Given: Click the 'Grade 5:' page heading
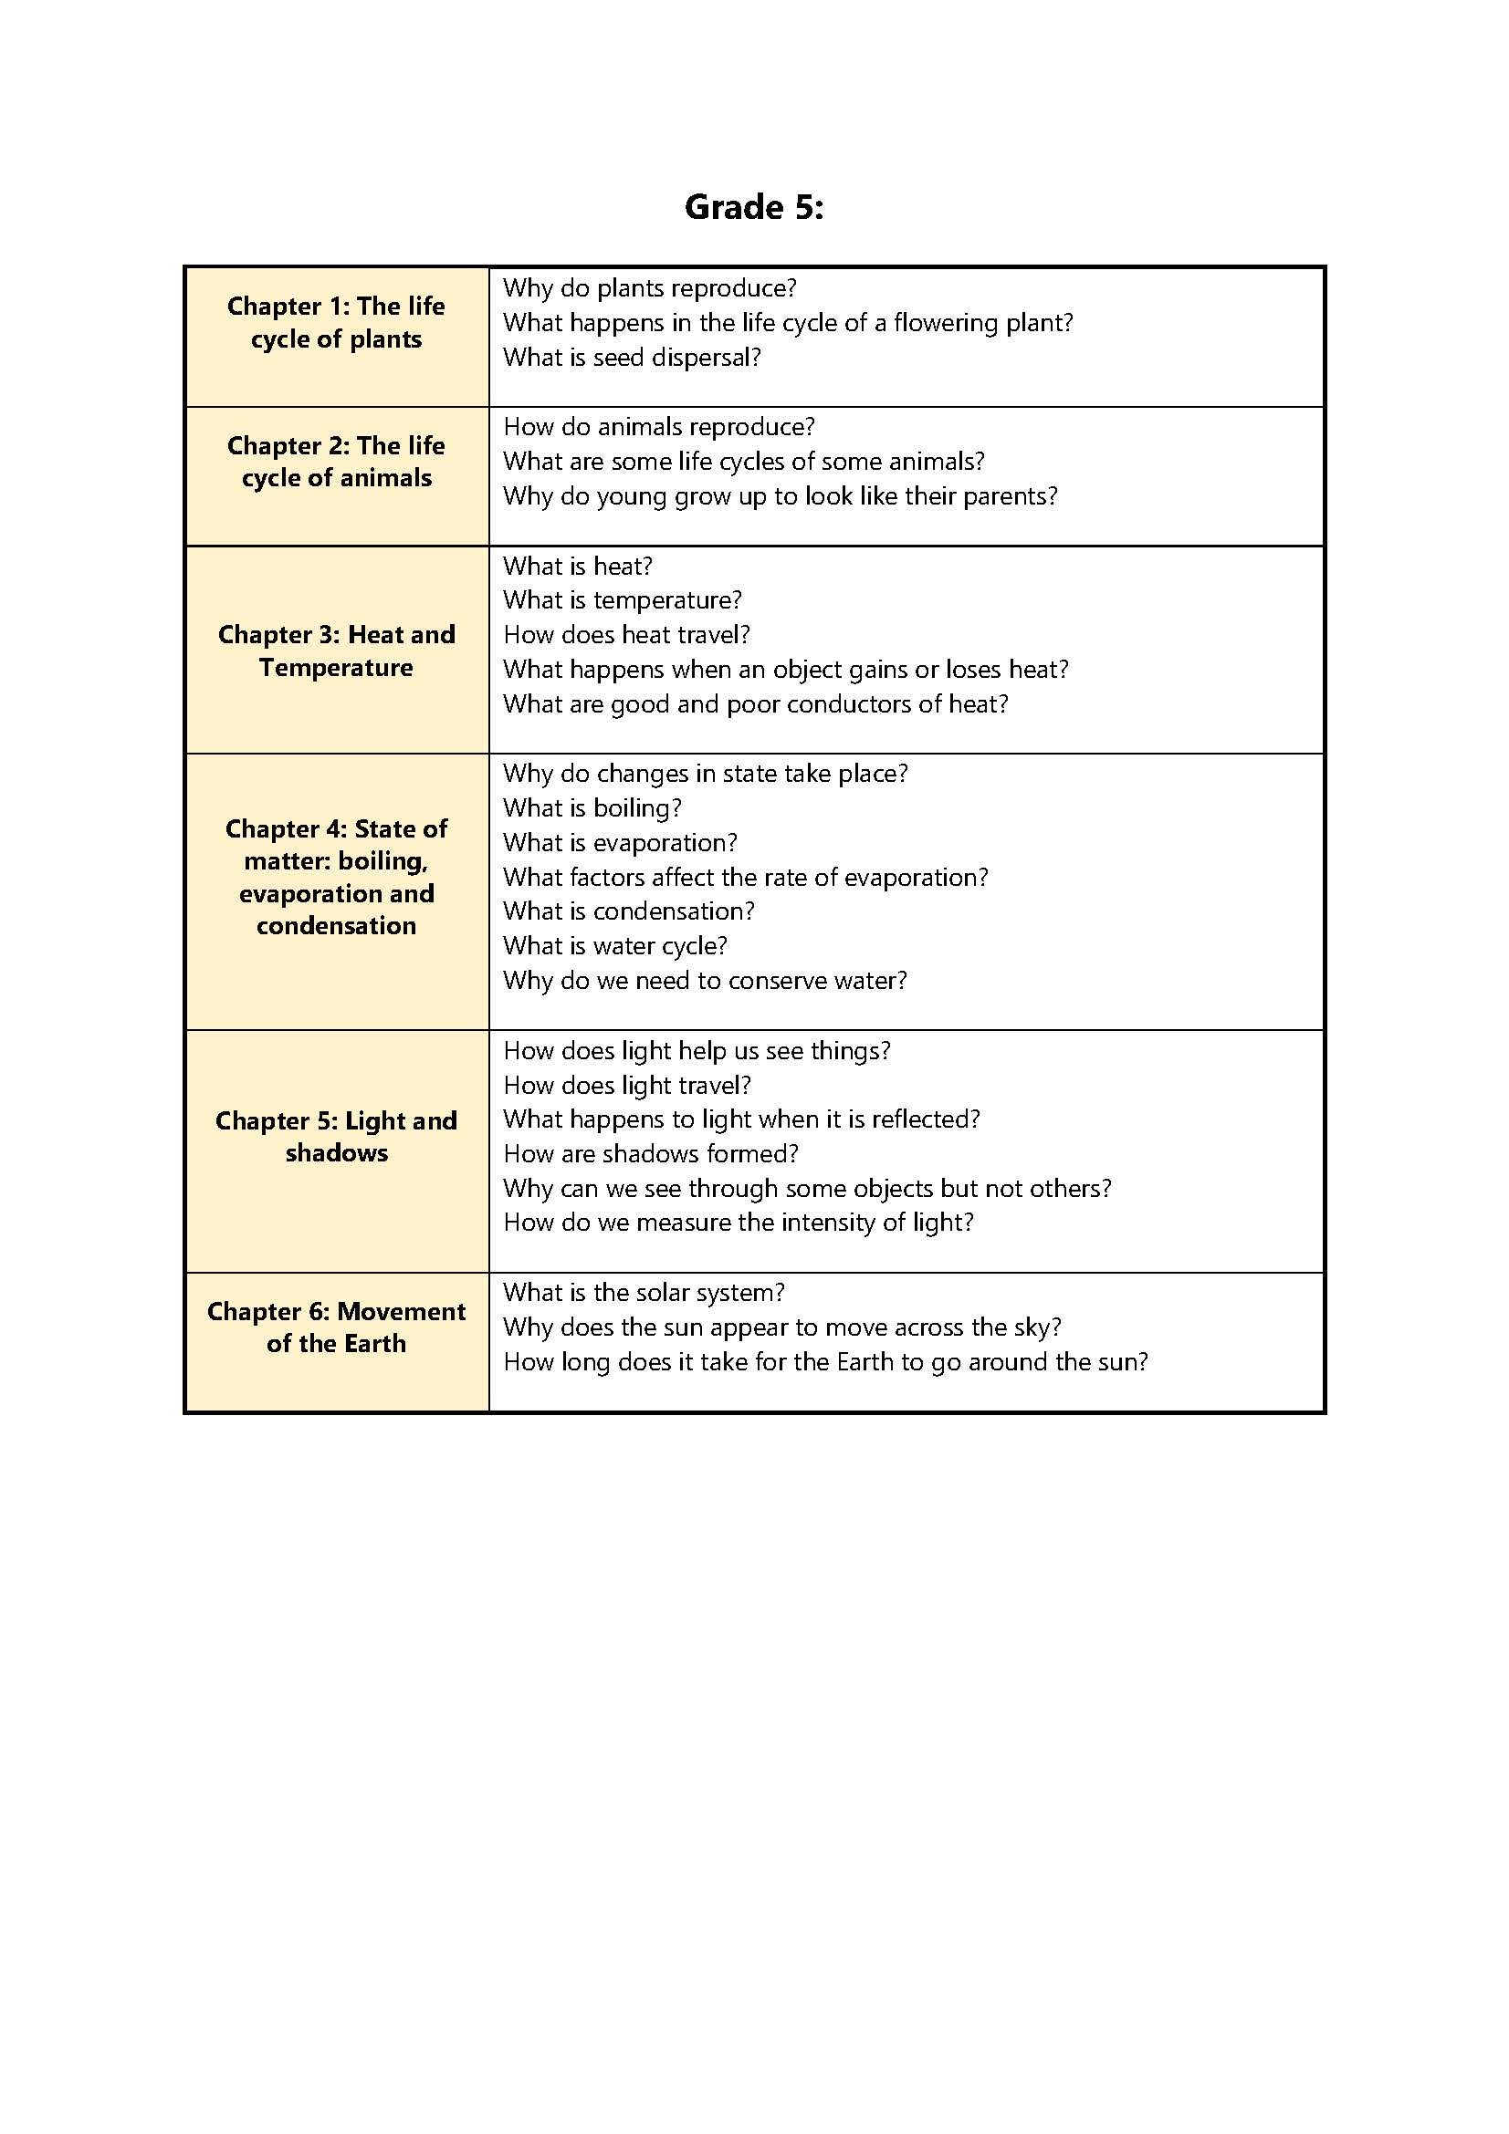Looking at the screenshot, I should (x=754, y=206).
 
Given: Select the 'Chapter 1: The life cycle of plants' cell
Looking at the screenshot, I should (x=337, y=322).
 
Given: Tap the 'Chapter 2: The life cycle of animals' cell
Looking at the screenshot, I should (x=337, y=462).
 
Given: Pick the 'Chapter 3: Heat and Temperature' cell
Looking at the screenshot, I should (x=337, y=651).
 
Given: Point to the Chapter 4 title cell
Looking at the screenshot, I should (x=337, y=877).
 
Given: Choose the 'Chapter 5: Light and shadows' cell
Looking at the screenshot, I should (x=337, y=1137).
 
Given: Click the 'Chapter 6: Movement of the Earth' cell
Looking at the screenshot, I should (x=337, y=1327).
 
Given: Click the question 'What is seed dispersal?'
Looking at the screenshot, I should (x=633, y=358).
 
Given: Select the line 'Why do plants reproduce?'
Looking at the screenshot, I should (x=650, y=288).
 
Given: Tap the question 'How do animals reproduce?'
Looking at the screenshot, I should (x=659, y=428).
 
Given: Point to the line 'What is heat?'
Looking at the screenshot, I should (x=578, y=566).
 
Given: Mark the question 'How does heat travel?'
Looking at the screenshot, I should (x=626, y=635).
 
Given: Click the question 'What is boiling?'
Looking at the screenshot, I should (x=593, y=808).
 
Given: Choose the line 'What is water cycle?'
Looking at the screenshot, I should (x=615, y=946).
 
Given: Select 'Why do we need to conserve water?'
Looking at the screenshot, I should (x=705, y=981).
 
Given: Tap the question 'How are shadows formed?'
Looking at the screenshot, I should (x=651, y=1154).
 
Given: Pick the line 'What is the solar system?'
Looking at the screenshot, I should (x=644, y=1293).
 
